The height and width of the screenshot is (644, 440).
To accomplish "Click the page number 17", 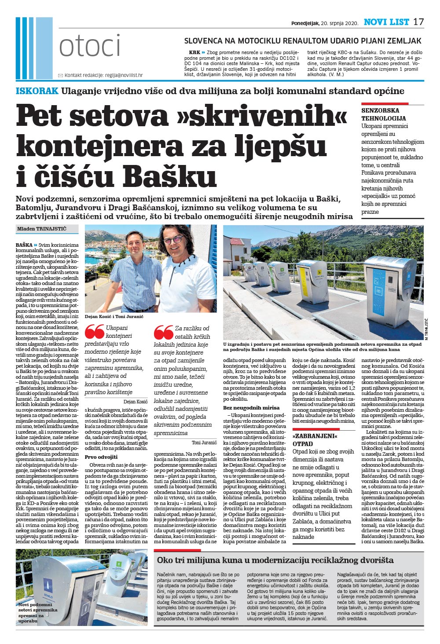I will coord(418,22).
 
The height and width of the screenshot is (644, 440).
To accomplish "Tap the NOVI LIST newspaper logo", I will coord(386,22).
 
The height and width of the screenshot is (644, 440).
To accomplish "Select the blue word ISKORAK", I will coord(37,91).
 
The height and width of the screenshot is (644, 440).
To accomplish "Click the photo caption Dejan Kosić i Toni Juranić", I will coord(114,316).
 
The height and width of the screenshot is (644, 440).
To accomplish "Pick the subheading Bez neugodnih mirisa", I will coord(251,408).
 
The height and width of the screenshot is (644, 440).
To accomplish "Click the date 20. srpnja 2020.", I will coord(340,23).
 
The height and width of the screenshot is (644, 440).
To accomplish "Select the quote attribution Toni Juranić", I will coord(204,442).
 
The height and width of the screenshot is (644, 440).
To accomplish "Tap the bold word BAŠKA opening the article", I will coord(24,245).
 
